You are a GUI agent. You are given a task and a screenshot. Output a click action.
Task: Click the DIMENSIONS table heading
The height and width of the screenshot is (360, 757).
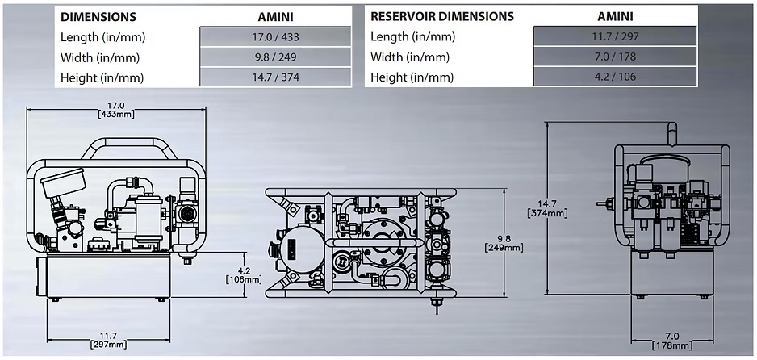pos(98,16)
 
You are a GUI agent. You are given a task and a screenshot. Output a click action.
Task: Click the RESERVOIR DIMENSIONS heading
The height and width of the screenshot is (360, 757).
pos(442,16)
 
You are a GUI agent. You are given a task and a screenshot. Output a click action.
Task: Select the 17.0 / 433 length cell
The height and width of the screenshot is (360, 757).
pos(275,37)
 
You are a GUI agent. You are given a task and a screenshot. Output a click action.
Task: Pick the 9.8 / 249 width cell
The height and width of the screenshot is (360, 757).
pos(275,57)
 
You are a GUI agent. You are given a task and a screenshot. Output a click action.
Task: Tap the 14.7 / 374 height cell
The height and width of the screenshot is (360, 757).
pos(275,77)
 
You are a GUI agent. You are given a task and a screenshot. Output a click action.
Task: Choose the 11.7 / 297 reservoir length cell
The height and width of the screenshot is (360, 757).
pos(614,37)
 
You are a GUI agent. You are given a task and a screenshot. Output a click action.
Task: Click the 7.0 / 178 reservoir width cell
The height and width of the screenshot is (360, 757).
pos(614,57)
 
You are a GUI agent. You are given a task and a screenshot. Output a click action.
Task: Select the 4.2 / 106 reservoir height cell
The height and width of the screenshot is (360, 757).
pos(614,77)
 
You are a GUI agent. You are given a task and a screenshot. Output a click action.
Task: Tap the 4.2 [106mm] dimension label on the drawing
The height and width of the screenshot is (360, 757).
pos(243,275)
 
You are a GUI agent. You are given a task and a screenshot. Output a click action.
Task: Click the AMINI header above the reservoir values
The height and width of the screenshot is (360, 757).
pos(614,16)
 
